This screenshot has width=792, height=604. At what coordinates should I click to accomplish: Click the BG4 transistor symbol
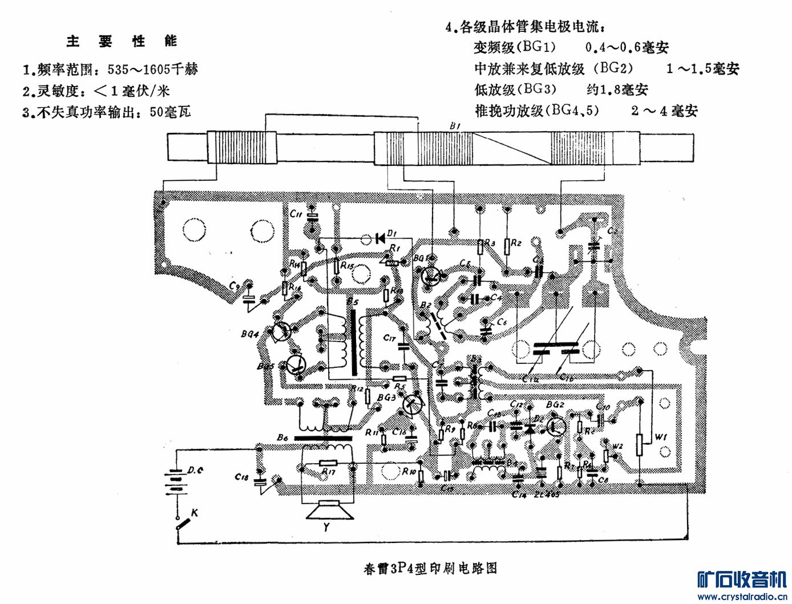pyautogui.click(x=280, y=331)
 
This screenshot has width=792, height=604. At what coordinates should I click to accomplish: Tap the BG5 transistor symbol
pyautogui.click(x=296, y=364)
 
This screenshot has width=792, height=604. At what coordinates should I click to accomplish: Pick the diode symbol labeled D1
pyautogui.click(x=379, y=238)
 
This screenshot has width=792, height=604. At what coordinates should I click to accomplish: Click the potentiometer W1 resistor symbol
pyautogui.click(x=640, y=445)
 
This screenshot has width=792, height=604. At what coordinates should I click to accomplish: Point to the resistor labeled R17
pyautogui.click(x=328, y=463)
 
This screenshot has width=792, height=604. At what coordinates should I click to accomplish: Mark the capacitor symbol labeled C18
pyautogui.click(x=260, y=482)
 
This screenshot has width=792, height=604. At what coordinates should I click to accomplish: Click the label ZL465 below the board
pyautogui.click(x=546, y=494)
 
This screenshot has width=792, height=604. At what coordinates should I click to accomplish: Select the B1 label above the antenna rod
pyautogui.click(x=455, y=125)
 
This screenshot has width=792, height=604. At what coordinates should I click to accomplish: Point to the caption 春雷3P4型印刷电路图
pyautogui.click(x=430, y=569)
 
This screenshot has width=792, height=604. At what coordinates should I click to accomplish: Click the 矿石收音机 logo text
pyautogui.click(x=741, y=579)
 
